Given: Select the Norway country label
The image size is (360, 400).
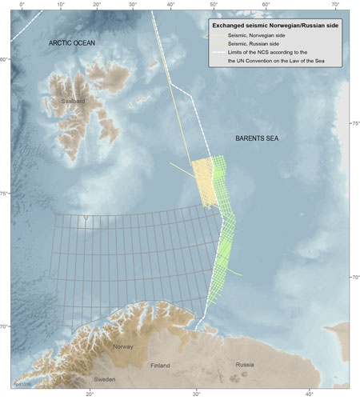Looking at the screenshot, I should [122, 346].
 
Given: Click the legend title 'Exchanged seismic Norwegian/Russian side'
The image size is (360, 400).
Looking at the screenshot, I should [272, 25].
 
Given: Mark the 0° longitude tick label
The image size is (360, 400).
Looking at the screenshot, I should [22, 5].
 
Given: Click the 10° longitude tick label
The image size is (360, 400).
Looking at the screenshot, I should [62, 5].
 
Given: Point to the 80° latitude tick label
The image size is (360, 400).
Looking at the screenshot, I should [5, 60].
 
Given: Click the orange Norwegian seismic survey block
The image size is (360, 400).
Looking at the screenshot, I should [202, 184].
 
